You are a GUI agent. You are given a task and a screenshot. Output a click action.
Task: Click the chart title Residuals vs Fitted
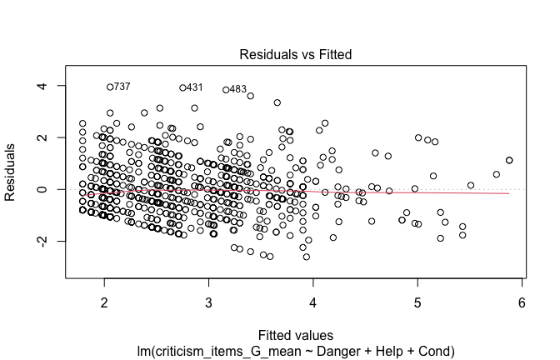(x=295, y=54)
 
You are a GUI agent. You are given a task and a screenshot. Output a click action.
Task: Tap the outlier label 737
(x=122, y=87)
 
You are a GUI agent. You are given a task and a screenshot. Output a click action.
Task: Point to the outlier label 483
(x=237, y=90)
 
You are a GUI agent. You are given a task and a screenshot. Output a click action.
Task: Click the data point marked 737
(x=109, y=87)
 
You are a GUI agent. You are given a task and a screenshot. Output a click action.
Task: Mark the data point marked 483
(x=226, y=90)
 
